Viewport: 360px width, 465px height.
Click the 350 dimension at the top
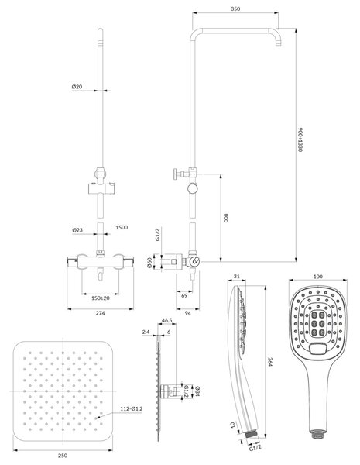tap(235, 9)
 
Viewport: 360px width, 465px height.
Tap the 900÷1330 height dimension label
tap(300, 139)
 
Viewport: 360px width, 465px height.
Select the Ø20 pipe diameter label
tap(77, 87)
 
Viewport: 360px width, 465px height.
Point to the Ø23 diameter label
tap(77, 230)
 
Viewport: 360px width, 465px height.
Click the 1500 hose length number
tap(122, 227)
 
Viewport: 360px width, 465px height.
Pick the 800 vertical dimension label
tap(226, 218)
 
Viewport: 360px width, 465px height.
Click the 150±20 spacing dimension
tap(101, 298)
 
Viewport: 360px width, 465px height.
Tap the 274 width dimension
tap(100, 313)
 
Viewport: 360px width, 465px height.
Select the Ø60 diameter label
tap(149, 263)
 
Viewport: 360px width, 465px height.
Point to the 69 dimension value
tap(184, 296)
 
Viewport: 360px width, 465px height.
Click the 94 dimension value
tap(187, 313)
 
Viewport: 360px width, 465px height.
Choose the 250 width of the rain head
tap(63, 456)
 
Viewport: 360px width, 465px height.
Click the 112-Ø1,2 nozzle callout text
tap(132, 408)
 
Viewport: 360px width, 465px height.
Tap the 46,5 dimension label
tap(166, 320)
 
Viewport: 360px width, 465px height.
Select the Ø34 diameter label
tap(197, 391)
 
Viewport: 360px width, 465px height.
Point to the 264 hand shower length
tap(269, 361)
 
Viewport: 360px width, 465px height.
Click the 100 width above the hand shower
tap(317, 277)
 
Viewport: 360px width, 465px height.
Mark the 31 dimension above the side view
tap(236, 277)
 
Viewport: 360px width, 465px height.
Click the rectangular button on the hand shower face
tap(318, 349)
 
